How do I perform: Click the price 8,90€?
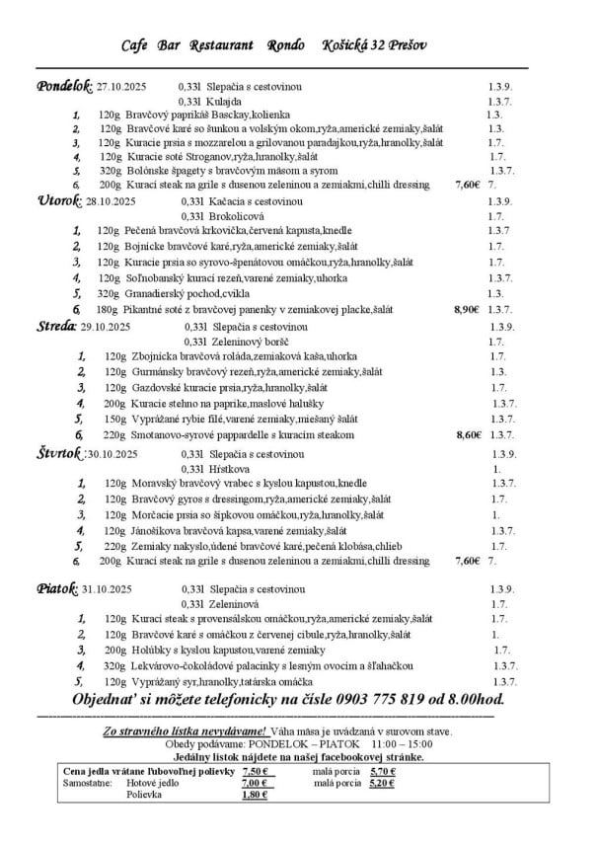click(x=466, y=309)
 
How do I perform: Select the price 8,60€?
click(x=468, y=434)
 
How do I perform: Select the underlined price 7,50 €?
click(x=254, y=772)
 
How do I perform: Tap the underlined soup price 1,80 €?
click(x=254, y=794)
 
